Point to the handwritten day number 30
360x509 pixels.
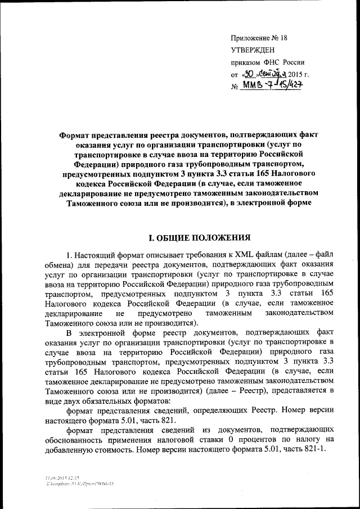251,73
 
